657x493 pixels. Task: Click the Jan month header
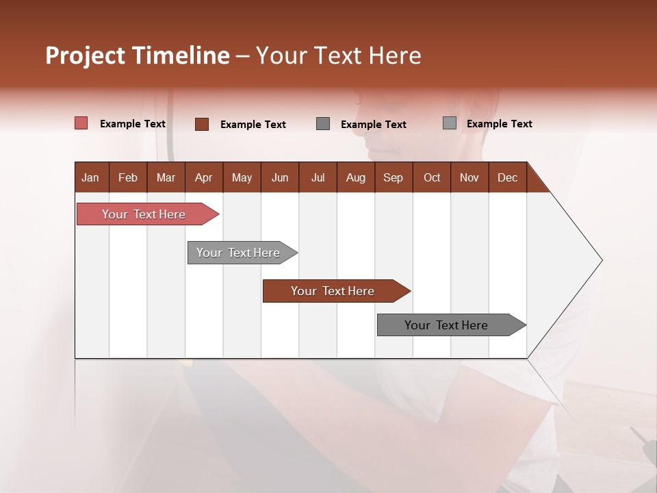pyautogui.click(x=90, y=177)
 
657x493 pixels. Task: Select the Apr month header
pyautogui.click(x=203, y=177)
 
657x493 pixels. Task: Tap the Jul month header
pyautogui.click(x=318, y=177)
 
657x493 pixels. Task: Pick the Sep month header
pyautogui.click(x=393, y=177)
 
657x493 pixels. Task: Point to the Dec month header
pyautogui.click(x=507, y=177)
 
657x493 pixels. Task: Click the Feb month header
pyautogui.click(x=128, y=177)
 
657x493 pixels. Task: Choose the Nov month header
pyautogui.click(x=469, y=177)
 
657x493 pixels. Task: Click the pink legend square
pyautogui.click(x=81, y=123)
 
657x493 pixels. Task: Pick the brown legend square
pyautogui.click(x=201, y=124)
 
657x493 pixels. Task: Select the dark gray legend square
pyautogui.click(x=323, y=124)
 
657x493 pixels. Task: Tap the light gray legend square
pyautogui.click(x=449, y=123)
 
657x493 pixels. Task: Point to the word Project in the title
pyautogui.click(x=86, y=55)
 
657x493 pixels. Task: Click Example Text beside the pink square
pyautogui.click(x=132, y=124)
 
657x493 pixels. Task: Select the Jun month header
pyautogui.click(x=280, y=177)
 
